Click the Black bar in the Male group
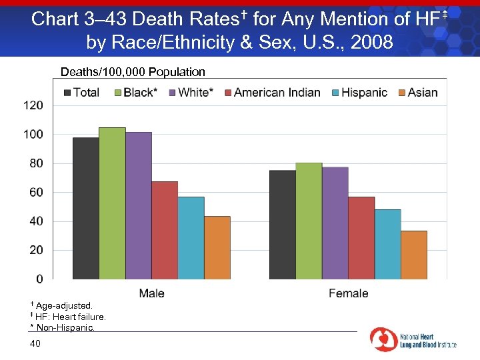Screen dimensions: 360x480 click(x=112, y=203)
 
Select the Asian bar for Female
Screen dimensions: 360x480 click(x=414, y=255)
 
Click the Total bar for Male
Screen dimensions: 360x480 click(x=85, y=208)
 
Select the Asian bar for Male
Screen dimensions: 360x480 click(x=217, y=247)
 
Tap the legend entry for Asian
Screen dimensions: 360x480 click(x=418, y=93)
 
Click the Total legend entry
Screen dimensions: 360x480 click(x=81, y=93)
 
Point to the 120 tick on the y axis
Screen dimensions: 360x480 click(x=34, y=105)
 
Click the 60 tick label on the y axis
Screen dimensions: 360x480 click(x=37, y=192)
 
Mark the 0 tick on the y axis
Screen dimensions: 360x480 click(x=39, y=279)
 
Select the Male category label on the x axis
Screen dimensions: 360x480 click(x=152, y=293)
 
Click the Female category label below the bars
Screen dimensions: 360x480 click(x=348, y=293)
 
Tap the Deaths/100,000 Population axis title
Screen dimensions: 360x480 click(x=133, y=71)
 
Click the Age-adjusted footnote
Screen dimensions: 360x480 click(x=65, y=305)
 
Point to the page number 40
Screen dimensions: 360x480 click(x=35, y=343)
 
